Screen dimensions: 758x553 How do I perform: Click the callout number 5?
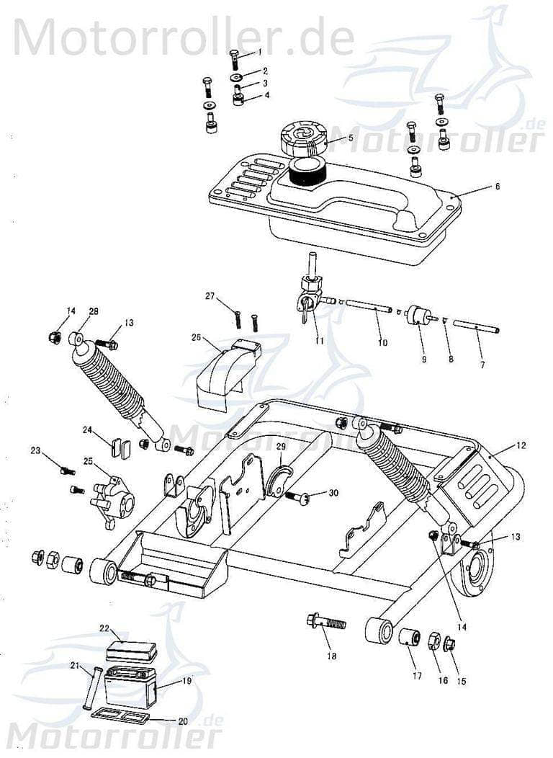(x=350, y=137)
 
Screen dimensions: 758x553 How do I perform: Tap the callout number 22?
(x=104, y=629)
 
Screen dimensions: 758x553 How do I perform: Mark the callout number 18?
(x=331, y=656)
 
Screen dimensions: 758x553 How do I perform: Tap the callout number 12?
(x=521, y=445)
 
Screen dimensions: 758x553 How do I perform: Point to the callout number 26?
(x=196, y=337)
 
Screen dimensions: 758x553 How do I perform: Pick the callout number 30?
(x=333, y=493)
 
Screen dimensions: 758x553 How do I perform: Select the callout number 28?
(x=94, y=311)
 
